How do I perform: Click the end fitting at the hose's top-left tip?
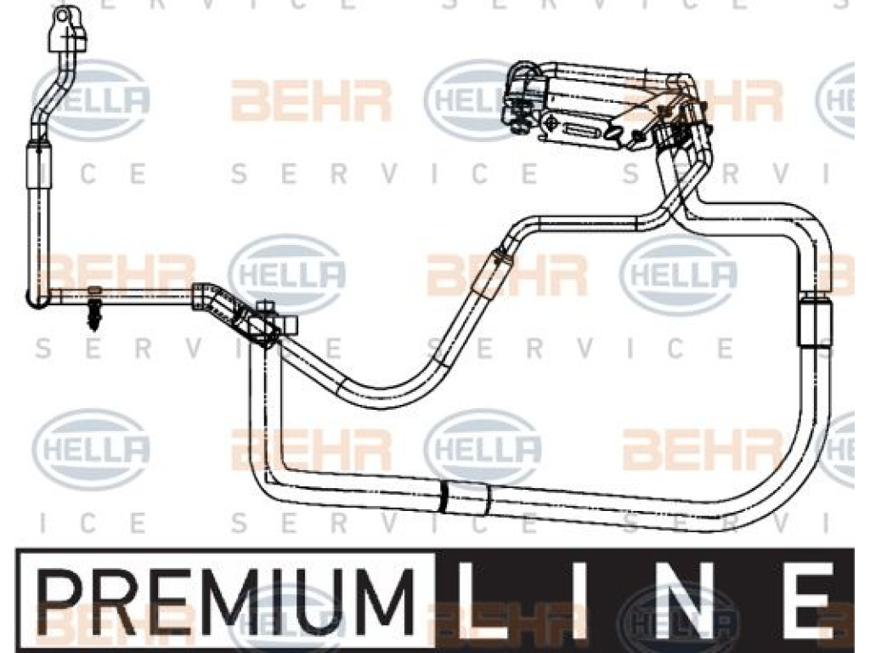tap(66, 30)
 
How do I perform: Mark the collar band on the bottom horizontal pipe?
tap(466, 496)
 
